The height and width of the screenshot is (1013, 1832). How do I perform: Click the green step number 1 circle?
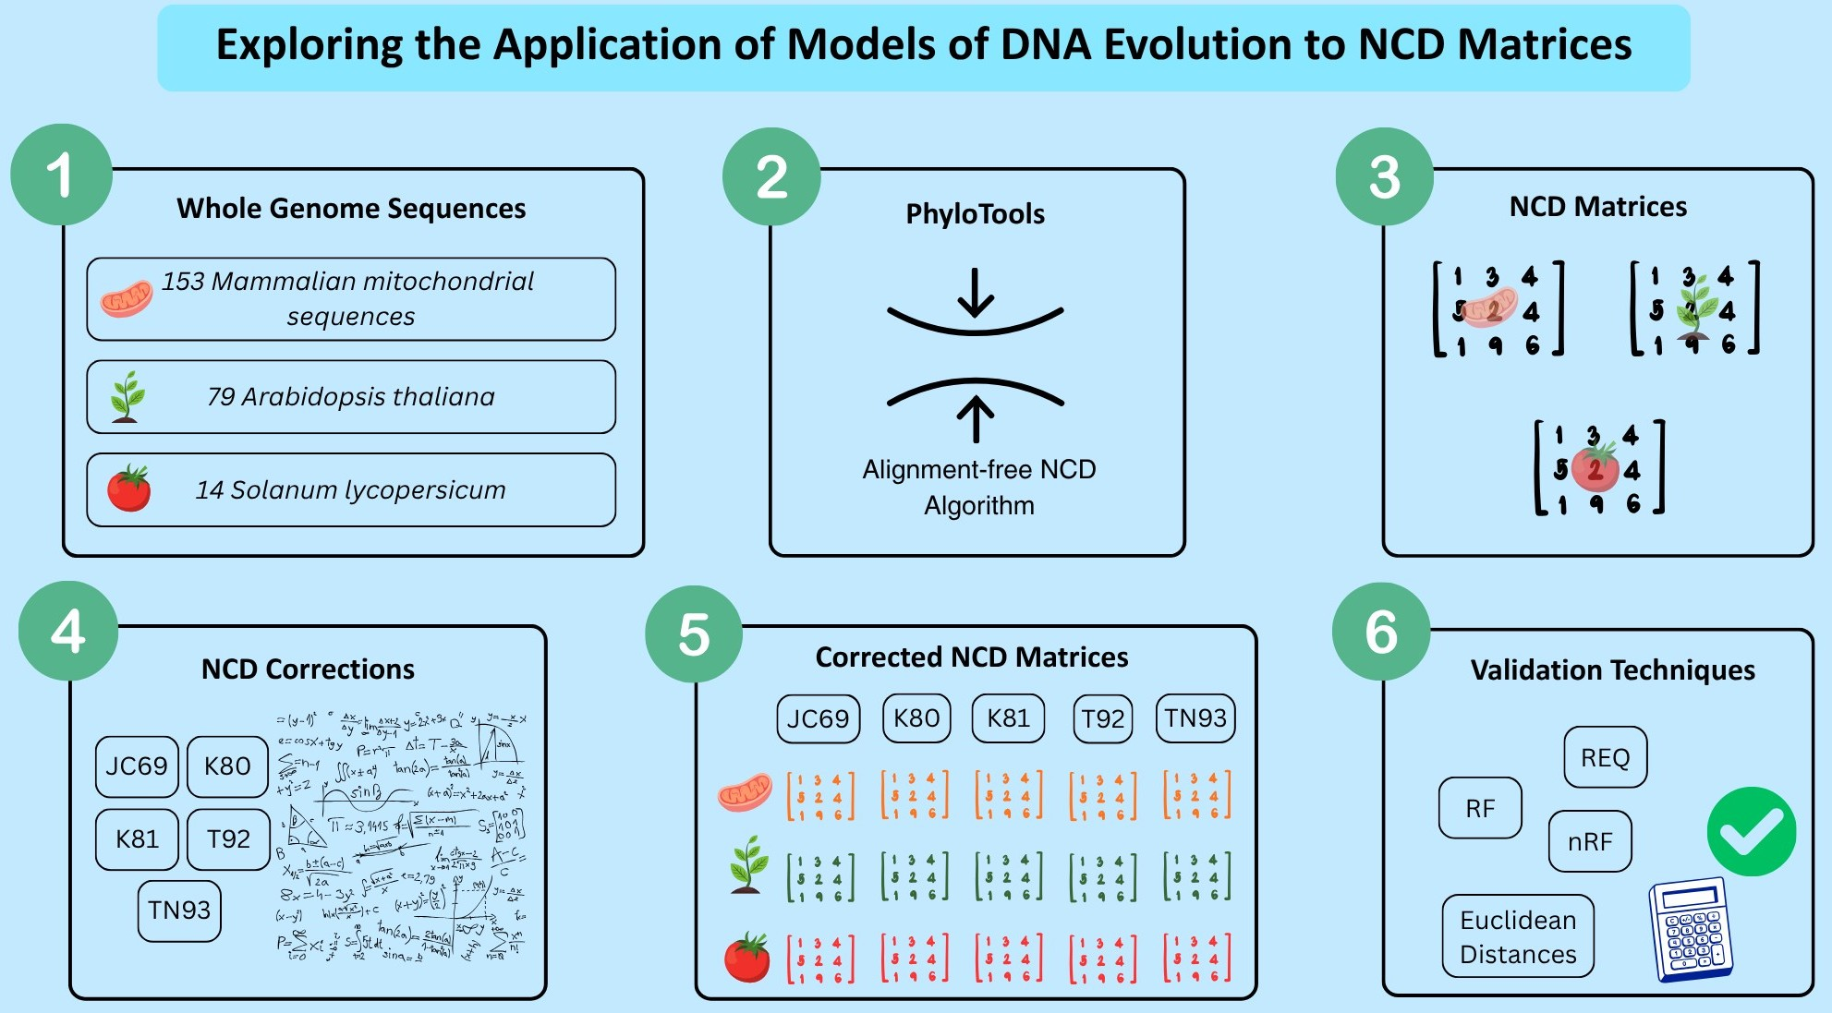click(x=61, y=175)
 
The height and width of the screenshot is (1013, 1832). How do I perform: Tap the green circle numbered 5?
click(x=694, y=634)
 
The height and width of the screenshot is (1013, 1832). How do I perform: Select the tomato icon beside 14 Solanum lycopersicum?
click(x=128, y=488)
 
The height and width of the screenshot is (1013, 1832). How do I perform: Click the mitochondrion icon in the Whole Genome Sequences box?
click(x=126, y=298)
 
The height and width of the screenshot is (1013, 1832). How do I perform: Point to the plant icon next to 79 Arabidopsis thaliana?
click(x=127, y=396)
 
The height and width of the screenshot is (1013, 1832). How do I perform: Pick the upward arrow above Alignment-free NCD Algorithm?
click(x=976, y=418)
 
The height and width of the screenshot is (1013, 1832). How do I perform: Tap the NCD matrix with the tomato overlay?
click(x=1598, y=468)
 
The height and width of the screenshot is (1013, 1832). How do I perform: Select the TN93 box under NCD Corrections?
click(x=179, y=910)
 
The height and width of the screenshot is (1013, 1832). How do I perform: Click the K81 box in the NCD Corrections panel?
click(x=137, y=838)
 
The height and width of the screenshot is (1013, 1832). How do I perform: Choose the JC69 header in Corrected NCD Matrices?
click(x=818, y=718)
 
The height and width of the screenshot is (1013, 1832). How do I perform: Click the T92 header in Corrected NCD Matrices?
click(x=1102, y=718)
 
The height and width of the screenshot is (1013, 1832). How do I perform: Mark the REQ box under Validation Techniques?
click(x=1605, y=757)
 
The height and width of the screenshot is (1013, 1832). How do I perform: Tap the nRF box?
click(x=1589, y=841)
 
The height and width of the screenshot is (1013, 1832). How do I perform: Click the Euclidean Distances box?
click(x=1518, y=936)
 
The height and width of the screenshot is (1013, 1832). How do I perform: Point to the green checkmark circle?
click(x=1751, y=831)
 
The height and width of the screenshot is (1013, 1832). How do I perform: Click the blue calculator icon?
click(x=1691, y=929)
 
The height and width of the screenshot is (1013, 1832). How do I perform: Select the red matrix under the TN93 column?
click(x=1196, y=958)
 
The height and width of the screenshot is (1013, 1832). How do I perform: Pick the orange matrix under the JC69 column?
click(x=819, y=796)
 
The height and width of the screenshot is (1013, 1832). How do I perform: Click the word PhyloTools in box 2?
click(x=975, y=214)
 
